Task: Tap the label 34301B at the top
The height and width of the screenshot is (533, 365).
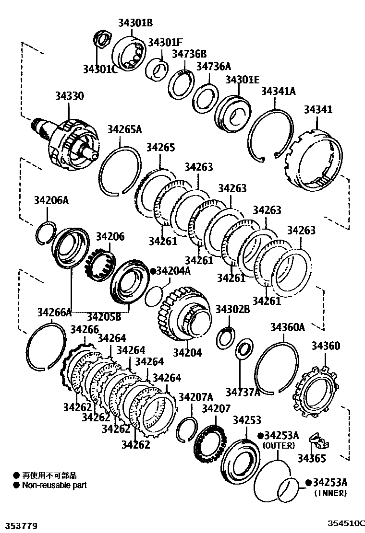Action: tap(136, 23)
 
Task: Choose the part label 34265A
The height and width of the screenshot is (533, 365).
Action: tap(124, 129)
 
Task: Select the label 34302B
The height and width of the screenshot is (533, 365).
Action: tap(232, 309)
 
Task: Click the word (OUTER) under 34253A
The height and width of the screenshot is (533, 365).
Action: tap(279, 445)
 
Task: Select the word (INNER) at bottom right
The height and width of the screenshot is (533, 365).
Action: tap(330, 493)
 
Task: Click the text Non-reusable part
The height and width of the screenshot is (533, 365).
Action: tap(54, 485)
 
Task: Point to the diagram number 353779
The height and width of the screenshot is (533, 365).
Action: tap(20, 526)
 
